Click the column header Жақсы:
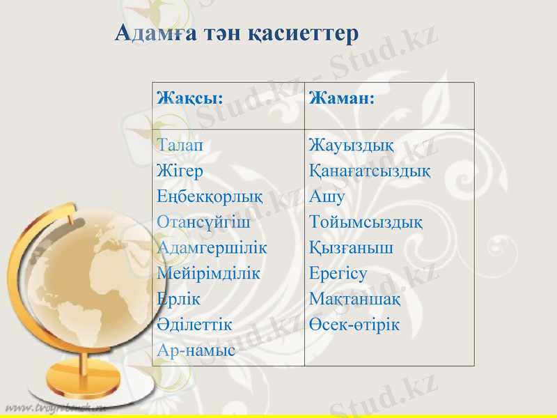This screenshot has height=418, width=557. (x=190, y=98)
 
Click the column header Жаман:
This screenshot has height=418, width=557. (x=342, y=98)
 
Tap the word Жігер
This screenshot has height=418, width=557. (x=180, y=171)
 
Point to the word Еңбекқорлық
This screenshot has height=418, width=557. (x=210, y=196)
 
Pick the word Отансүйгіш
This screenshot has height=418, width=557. (x=203, y=222)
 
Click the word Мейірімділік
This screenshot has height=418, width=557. (x=209, y=273)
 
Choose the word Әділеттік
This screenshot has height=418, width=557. (x=195, y=324)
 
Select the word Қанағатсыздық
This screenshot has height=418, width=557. (x=369, y=171)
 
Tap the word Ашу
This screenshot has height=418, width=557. (x=327, y=196)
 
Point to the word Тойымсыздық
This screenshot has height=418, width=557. (x=366, y=222)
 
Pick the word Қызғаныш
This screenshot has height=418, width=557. (x=351, y=247)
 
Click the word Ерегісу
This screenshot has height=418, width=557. (x=338, y=273)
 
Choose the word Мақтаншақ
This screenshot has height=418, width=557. (x=354, y=298)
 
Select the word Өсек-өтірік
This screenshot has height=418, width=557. (x=354, y=324)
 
